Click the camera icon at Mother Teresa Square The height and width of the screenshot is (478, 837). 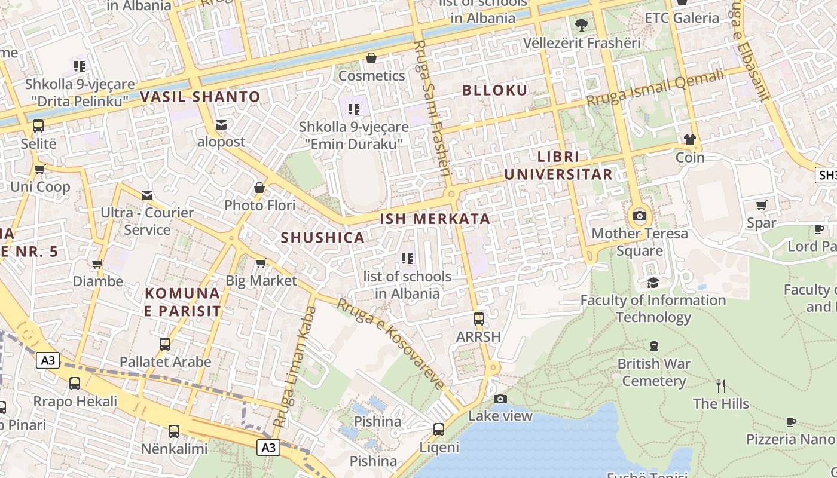[640, 216]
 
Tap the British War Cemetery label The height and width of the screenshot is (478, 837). [653, 372]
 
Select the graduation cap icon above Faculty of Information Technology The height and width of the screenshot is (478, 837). [653, 283]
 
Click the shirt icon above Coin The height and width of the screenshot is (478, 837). [690, 140]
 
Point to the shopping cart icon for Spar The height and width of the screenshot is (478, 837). [761, 206]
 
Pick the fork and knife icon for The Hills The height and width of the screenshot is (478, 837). [721, 385]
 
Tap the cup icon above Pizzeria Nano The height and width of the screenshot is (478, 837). [790, 422]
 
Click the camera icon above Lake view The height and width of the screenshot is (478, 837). [500, 399]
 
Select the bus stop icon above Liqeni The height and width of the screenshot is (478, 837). [439, 429]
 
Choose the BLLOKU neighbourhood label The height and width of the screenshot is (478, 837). [495, 90]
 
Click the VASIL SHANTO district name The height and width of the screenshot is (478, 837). [200, 96]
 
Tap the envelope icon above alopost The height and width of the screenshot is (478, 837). [221, 124]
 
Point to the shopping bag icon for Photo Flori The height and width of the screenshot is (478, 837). [259, 188]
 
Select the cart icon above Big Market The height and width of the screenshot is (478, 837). [261, 263]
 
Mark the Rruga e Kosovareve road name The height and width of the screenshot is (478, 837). [392, 343]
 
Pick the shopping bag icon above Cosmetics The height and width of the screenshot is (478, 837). [371, 58]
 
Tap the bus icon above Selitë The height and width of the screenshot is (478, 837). [38, 126]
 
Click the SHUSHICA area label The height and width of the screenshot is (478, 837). [323, 237]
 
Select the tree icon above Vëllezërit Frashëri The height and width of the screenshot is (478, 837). [581, 25]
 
